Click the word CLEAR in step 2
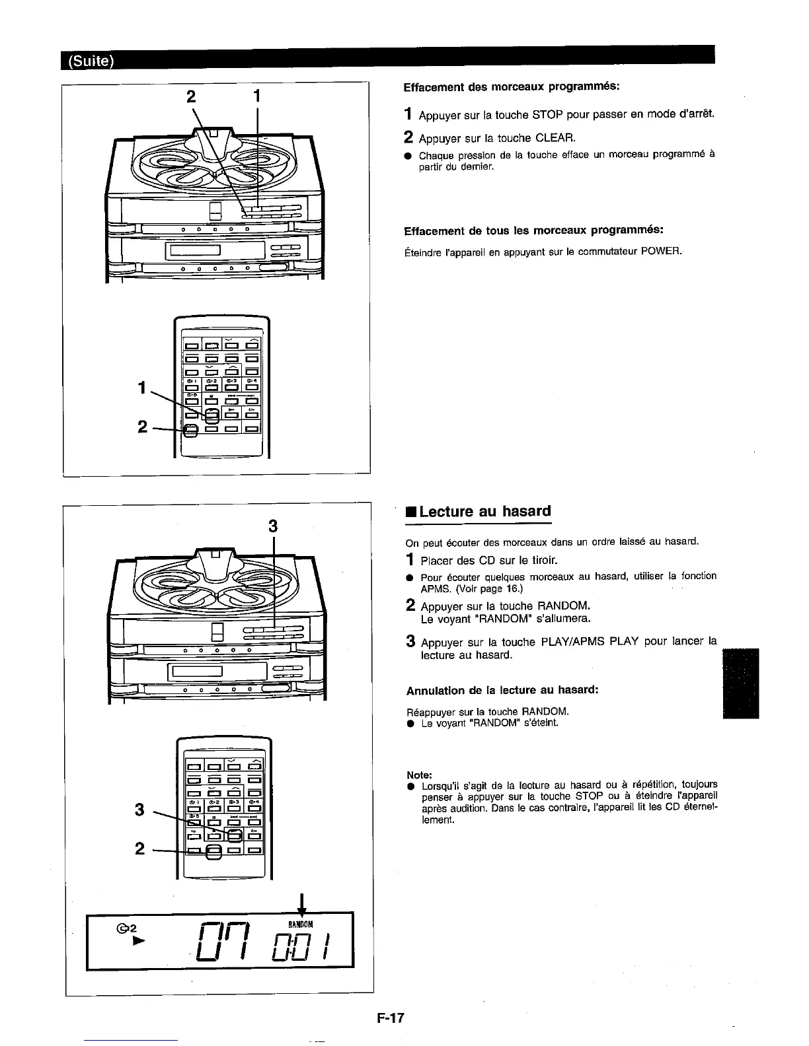(556, 138)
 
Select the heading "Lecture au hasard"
(484, 512)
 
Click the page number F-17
(391, 1018)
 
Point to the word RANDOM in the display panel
(301, 923)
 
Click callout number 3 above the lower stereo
(272, 526)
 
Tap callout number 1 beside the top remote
(142, 389)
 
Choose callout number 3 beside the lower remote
(139, 808)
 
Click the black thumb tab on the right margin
(741, 683)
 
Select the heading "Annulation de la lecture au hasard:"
(502, 690)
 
